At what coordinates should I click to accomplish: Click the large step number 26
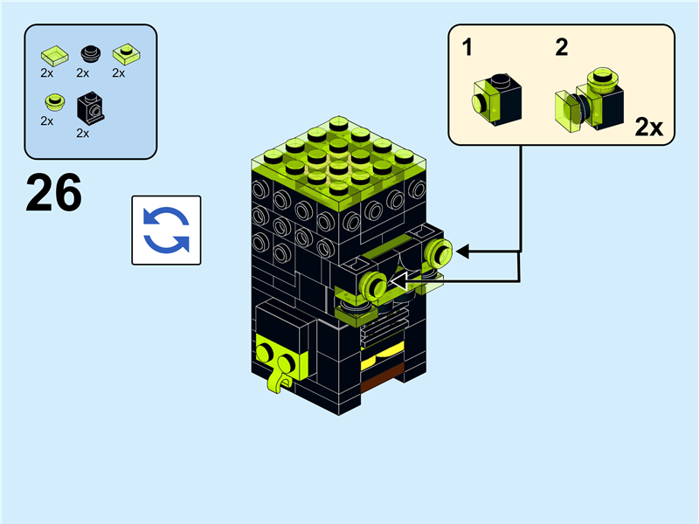pos(53,193)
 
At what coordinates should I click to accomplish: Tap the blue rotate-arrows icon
pos(166,230)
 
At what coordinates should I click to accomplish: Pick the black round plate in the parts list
pos(90,55)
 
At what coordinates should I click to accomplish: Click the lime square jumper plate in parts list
pos(126,55)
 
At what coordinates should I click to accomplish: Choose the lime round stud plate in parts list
pos(55,102)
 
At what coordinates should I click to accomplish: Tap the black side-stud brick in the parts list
pos(89,108)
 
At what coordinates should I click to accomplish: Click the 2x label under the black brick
pos(83,134)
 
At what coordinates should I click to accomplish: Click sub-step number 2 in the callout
pos(561,48)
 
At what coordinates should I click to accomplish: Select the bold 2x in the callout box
pos(648,128)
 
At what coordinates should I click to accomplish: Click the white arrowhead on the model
pos(401,280)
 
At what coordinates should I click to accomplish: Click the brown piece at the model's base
pos(381,375)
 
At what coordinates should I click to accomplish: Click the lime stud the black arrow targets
pos(439,253)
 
